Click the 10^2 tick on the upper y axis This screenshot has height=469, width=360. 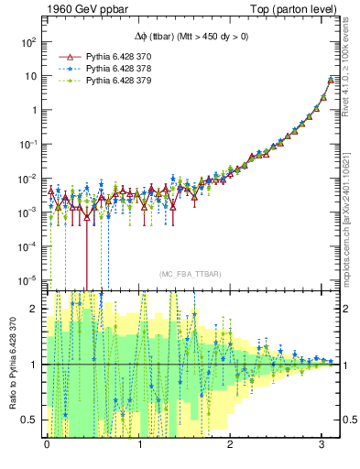(x=27, y=42)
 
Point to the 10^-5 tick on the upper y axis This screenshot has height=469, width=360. (x=27, y=279)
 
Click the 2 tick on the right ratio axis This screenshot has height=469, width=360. (x=348, y=309)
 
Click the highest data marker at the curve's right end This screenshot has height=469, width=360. (x=331, y=81)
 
